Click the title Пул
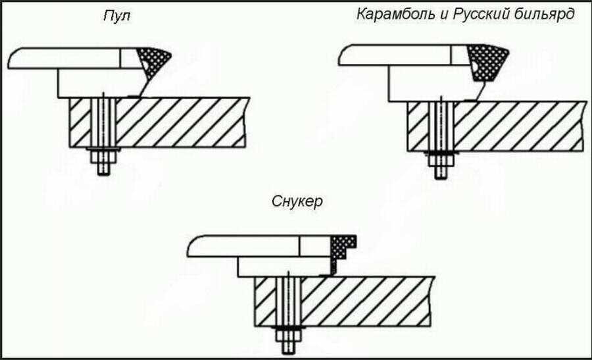(x=117, y=16)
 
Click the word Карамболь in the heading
(x=396, y=14)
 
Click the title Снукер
(x=297, y=201)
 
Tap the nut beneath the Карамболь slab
(x=440, y=161)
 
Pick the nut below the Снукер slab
(x=288, y=336)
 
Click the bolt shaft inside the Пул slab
(x=103, y=123)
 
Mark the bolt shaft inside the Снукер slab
(x=289, y=301)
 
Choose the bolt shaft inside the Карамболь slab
(x=441, y=126)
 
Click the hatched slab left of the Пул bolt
(x=80, y=123)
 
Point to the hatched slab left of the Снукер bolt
(x=265, y=301)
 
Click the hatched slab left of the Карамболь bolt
(x=418, y=126)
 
